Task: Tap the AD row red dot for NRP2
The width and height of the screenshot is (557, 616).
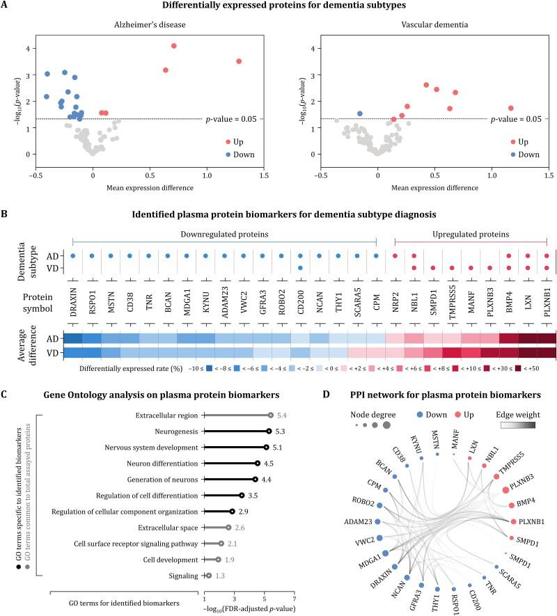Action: coord(395,256)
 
